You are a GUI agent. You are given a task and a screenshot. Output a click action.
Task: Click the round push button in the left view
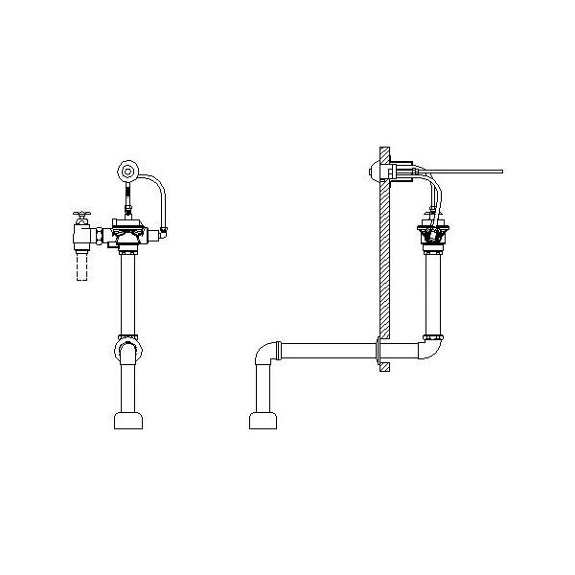[126, 172]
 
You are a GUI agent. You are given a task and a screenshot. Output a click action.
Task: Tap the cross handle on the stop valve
[81, 217]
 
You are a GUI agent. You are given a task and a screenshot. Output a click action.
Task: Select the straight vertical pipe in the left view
[126, 292]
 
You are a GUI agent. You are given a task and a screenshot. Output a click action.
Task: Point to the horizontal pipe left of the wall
[326, 353]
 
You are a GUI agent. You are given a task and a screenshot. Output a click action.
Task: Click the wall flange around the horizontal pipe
[383, 353]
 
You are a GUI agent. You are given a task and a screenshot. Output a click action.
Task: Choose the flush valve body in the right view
[433, 235]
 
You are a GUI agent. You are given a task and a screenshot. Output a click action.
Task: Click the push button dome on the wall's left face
[372, 172]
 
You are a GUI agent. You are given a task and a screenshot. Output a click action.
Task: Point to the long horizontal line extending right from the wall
[470, 172]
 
